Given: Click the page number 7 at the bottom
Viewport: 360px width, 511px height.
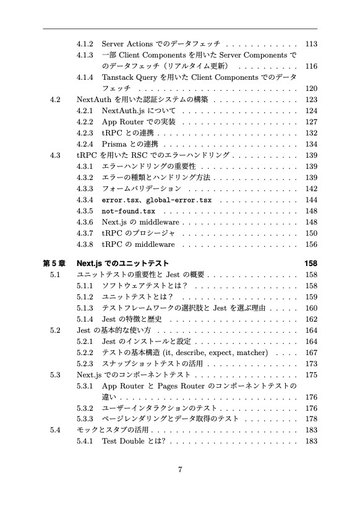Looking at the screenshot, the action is (179, 469).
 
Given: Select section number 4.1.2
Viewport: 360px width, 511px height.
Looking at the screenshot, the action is (85, 44).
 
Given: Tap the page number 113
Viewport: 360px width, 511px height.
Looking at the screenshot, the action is (311, 44).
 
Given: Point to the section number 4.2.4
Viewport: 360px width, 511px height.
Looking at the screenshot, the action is (85, 144).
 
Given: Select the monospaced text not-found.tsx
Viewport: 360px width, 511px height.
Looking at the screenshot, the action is (128, 211).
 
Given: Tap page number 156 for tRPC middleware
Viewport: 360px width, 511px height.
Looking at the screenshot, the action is (311, 244).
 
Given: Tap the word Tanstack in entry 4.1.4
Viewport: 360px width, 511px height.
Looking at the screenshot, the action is (118, 77).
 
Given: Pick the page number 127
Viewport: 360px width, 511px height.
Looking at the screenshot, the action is (311, 122).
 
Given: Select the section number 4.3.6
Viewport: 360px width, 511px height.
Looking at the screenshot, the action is (85, 222).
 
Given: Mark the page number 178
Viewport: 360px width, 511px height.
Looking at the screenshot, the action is (311, 419).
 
